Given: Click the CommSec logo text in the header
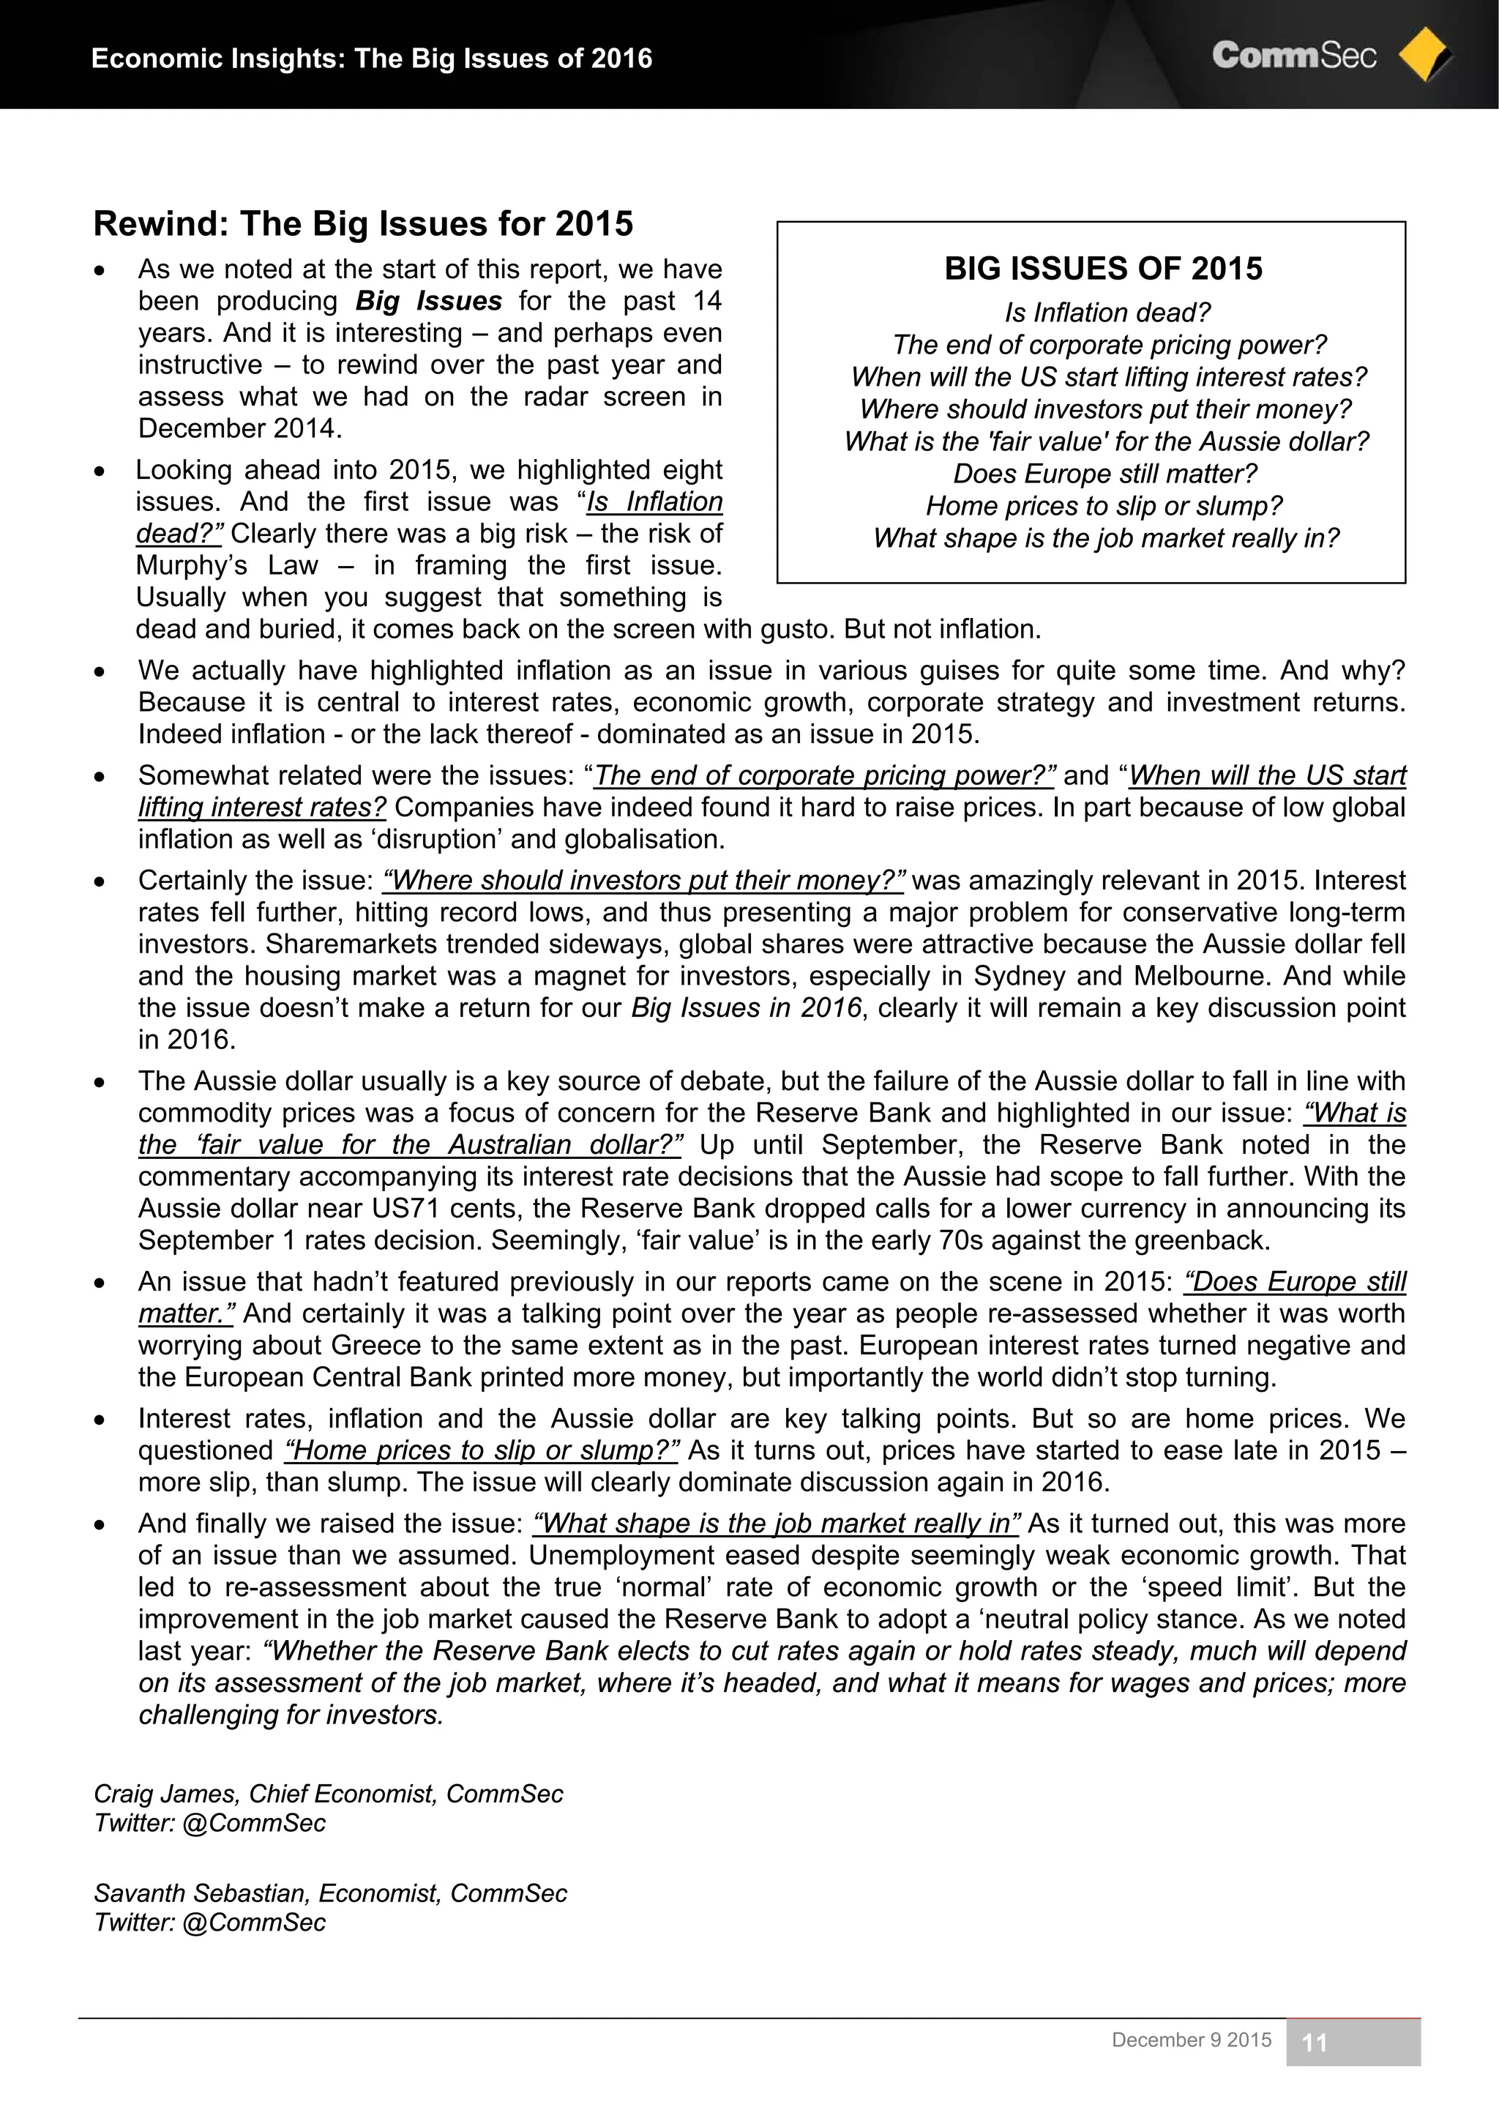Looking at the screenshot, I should coord(1293,56).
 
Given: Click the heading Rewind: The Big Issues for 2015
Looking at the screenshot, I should coord(363,223).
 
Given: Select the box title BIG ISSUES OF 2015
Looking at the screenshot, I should coord(1103,269).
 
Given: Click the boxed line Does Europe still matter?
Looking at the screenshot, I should coord(1105,474).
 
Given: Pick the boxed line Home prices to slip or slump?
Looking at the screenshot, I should coord(1104,506).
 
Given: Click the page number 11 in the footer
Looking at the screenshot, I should coord(1315,2043).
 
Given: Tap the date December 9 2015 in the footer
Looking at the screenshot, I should coord(1191,2040).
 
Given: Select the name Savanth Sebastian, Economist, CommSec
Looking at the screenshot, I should coord(329,1894).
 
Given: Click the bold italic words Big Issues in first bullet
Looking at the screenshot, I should coord(429,301).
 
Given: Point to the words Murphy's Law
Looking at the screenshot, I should coord(226,565).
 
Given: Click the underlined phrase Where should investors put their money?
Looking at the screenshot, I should coord(643,880).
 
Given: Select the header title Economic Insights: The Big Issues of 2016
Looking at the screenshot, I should coord(371,59).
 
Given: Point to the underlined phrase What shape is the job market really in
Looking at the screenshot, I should coord(776,1524).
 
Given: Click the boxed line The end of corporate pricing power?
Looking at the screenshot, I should coord(1108,346).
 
